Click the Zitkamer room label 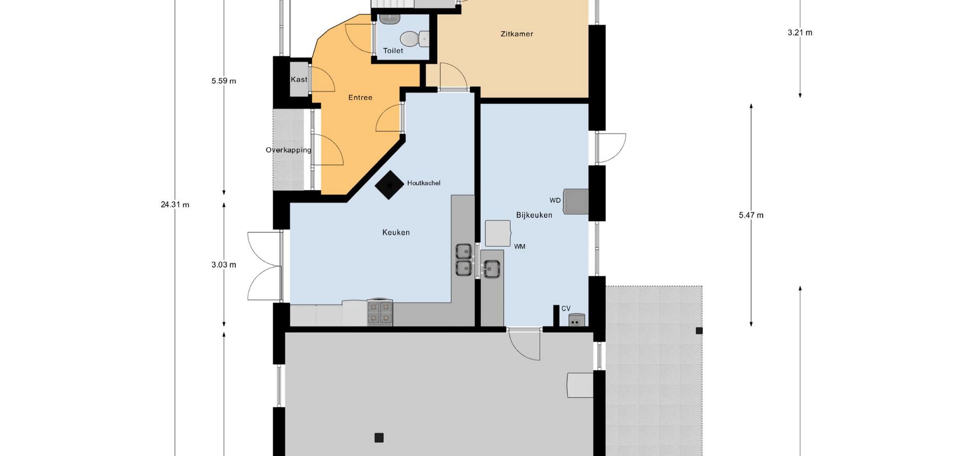[x=516, y=34]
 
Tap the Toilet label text [x=393, y=51]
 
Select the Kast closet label [x=299, y=80]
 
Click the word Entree [x=360, y=97]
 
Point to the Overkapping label [x=288, y=150]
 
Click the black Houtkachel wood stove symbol [x=389, y=185]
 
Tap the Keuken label [x=396, y=233]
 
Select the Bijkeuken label [x=534, y=215]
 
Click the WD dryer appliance [x=576, y=201]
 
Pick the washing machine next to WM [x=498, y=233]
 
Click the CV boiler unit [x=577, y=320]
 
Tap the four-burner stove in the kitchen [x=380, y=312]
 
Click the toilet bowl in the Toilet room [x=414, y=39]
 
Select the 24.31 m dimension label [x=175, y=205]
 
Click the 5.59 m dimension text [x=223, y=81]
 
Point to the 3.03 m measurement [x=223, y=264]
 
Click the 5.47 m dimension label [x=751, y=215]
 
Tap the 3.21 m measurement [x=800, y=32]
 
